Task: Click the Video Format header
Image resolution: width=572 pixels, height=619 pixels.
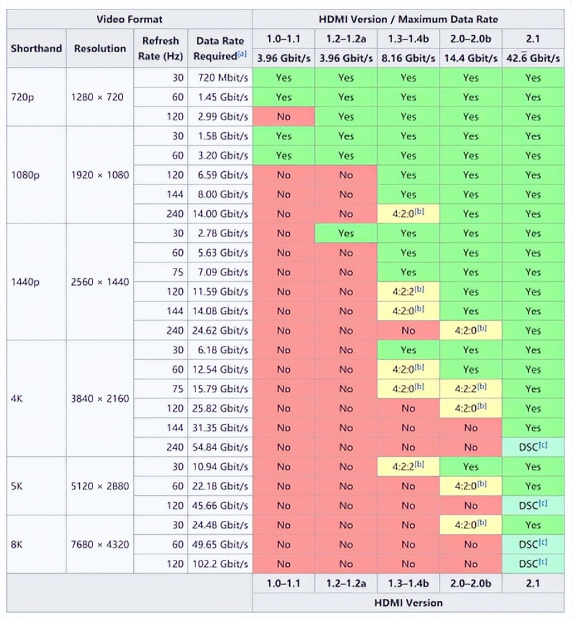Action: click(129, 19)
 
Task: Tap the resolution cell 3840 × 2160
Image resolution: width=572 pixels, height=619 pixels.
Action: click(101, 399)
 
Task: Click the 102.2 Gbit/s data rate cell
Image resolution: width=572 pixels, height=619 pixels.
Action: click(220, 564)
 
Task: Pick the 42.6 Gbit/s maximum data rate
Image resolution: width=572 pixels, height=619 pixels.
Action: click(533, 58)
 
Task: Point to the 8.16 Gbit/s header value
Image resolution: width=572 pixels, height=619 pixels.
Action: click(408, 58)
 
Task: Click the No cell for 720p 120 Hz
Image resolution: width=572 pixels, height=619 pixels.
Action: click(283, 117)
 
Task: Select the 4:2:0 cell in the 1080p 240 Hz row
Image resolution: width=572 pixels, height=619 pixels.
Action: click(408, 214)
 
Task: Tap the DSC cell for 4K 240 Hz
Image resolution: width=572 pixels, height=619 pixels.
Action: click(533, 447)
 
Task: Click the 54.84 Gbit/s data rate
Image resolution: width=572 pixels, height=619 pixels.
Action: click(220, 447)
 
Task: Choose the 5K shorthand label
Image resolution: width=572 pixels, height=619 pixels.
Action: click(18, 486)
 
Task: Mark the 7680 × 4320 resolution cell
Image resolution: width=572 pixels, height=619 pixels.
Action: click(101, 545)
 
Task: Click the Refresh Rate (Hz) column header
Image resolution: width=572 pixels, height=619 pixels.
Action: click(160, 48)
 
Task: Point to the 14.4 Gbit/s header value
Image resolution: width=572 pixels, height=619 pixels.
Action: click(471, 58)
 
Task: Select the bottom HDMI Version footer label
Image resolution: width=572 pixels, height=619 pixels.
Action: click(408, 603)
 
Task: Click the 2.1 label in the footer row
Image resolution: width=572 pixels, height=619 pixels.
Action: click(533, 583)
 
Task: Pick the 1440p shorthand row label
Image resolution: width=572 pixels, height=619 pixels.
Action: click(25, 282)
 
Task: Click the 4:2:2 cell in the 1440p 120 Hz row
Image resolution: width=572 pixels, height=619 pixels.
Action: click(408, 292)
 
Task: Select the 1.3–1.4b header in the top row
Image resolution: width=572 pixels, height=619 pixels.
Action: click(408, 38)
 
